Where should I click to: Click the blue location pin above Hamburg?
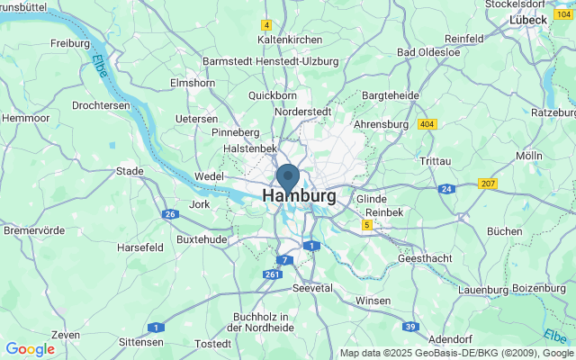click(x=288, y=177)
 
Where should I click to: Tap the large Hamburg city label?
click(x=300, y=195)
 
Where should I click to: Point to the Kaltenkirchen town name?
click(x=291, y=40)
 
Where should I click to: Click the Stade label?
click(x=130, y=171)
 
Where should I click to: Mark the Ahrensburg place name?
click(x=382, y=124)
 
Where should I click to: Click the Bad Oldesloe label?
click(x=429, y=51)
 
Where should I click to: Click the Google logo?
click(x=30, y=349)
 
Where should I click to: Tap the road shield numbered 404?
click(x=427, y=123)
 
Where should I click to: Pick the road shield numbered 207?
click(x=488, y=184)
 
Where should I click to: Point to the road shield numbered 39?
click(x=410, y=326)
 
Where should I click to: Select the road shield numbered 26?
click(x=170, y=214)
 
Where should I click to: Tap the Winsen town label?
click(x=373, y=301)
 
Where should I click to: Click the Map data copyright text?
click(x=456, y=353)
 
